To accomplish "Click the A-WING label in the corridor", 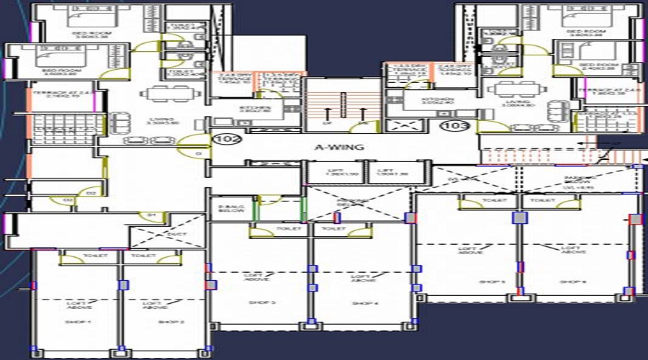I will tap(334, 148).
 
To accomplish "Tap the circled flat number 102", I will tap(220, 140).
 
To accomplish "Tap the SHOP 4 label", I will tap(361, 303).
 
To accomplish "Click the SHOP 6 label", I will tap(572, 282).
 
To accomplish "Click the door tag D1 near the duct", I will tap(152, 214).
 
